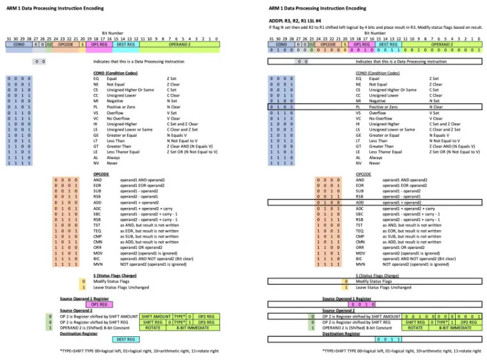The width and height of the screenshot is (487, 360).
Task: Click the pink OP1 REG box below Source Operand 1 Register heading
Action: pyautogui.click(x=98, y=305)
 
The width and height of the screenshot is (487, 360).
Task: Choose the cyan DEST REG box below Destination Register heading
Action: pyautogui.click(x=126, y=339)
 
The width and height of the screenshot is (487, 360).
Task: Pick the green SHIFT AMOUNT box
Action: pyautogui.click(x=157, y=316)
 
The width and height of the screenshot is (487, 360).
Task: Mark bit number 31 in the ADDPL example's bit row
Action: pyautogui.click(x=270, y=38)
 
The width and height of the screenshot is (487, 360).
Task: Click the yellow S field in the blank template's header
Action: pyautogui.click(x=82, y=45)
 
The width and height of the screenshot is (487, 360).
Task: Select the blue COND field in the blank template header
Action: pyautogui.click(x=19, y=45)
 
